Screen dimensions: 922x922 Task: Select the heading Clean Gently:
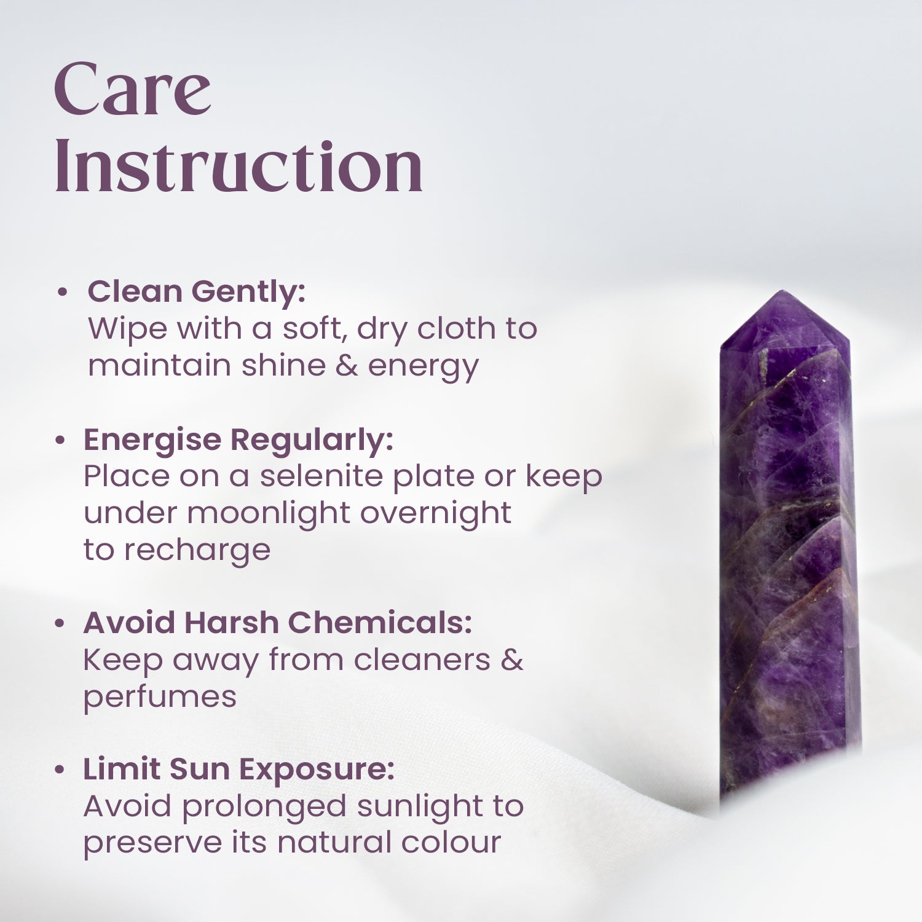click(196, 291)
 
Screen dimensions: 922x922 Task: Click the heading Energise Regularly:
click(238, 439)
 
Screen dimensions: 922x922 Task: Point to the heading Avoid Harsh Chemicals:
click(277, 623)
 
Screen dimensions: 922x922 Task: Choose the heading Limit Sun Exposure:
click(238, 769)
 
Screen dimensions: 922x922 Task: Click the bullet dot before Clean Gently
click(61, 293)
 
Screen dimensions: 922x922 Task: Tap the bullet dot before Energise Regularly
click(60, 441)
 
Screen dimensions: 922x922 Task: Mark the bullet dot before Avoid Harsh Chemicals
click(60, 624)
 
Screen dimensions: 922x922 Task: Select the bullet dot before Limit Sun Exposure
click(60, 770)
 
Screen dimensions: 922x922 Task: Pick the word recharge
click(197, 551)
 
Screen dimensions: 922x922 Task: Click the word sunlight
click(420, 807)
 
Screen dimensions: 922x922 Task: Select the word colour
click(451, 843)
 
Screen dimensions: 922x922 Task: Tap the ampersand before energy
click(347, 366)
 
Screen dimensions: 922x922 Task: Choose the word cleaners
click(422, 660)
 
